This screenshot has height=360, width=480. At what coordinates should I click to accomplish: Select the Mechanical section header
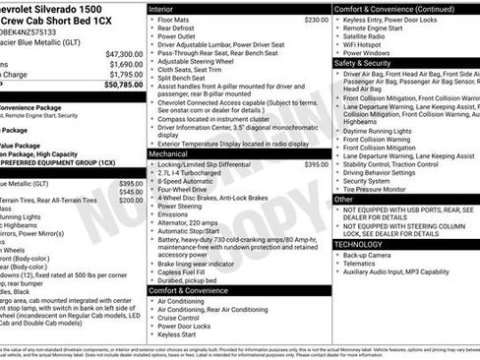(168, 154)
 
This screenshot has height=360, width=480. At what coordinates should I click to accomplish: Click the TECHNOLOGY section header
(358, 244)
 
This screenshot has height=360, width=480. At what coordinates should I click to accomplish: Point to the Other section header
(344, 200)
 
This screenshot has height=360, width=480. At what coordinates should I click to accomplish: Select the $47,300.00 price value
(124, 54)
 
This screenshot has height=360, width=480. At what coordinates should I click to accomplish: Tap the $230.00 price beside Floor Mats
(316, 20)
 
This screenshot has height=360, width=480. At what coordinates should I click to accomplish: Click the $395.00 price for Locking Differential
(316, 165)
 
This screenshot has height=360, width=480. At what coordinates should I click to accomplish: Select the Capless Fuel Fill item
(188, 271)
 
